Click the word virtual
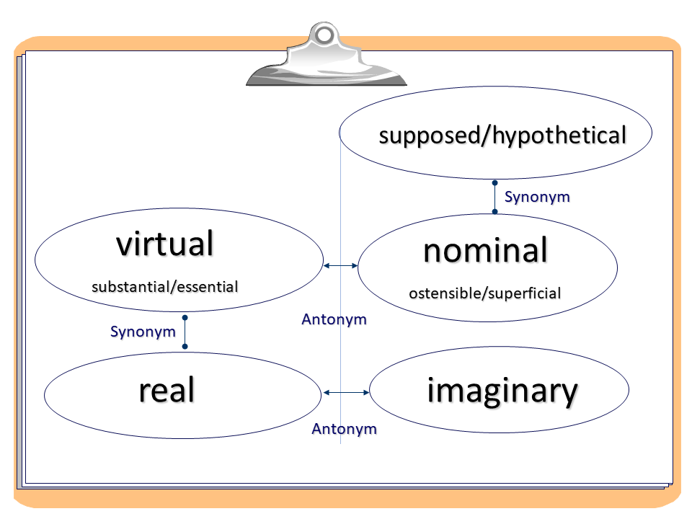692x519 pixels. point(165,244)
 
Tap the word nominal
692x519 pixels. point(485,251)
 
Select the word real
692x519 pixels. point(167,390)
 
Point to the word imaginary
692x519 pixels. point(502,391)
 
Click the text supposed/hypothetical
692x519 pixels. point(502,135)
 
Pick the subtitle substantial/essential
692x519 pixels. point(165,286)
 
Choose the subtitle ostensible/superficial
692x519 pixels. point(484,293)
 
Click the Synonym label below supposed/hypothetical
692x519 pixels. point(537,197)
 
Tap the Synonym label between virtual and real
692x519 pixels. point(143,332)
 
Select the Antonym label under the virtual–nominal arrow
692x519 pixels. point(334,319)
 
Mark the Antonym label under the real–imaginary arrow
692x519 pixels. point(344,429)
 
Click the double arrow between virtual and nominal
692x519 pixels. point(340,266)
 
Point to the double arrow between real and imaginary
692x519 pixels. point(346,392)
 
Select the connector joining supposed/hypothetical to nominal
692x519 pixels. point(494,197)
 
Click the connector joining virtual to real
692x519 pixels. point(185,332)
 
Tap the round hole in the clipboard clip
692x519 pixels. point(325,34)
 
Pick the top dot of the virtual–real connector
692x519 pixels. point(185,317)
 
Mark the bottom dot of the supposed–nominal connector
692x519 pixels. point(494,212)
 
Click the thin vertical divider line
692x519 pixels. point(340,360)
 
